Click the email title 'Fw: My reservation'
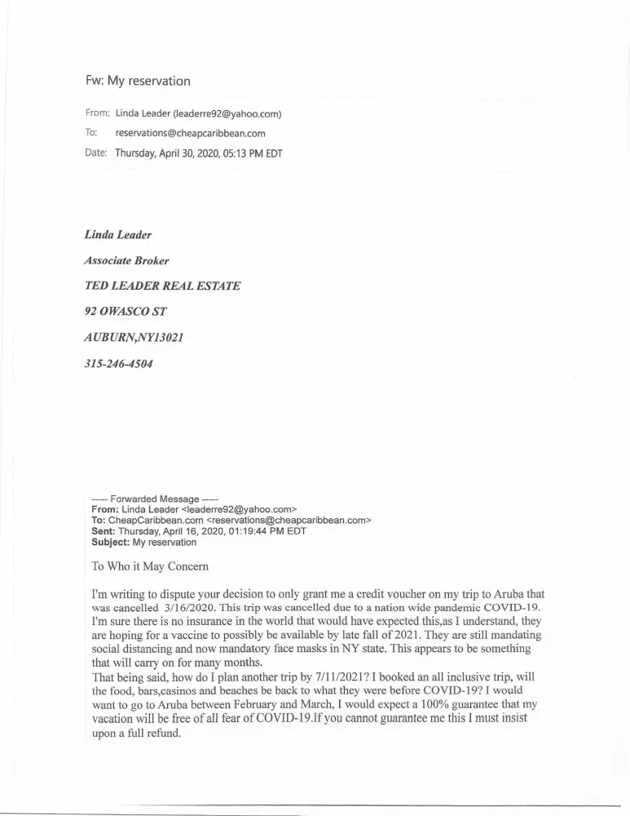pos(138,81)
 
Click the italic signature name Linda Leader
pos(118,235)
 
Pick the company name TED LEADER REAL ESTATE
pos(162,286)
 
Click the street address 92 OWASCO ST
pos(126,312)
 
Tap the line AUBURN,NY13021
pos(134,338)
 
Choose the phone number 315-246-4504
pos(118,364)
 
